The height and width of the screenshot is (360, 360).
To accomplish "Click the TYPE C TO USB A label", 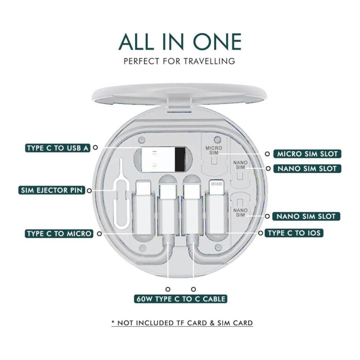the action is pos(58,148).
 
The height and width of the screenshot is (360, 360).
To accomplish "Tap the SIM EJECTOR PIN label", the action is pos(52,190).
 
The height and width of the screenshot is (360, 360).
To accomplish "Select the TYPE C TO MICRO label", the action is pos(59,234).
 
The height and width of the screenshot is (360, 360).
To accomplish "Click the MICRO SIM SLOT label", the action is pos(307,154).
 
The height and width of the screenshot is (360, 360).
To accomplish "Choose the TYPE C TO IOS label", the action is pos(294,233).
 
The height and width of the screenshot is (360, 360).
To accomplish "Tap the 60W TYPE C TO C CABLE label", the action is pos(181,299).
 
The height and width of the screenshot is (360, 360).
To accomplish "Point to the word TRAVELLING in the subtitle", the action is pos(209,61).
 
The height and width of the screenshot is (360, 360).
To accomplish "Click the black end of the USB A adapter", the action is pos(180,159).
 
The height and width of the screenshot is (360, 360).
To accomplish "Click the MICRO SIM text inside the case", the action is pos(214,150).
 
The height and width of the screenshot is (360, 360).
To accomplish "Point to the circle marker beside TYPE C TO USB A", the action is pos(95,148).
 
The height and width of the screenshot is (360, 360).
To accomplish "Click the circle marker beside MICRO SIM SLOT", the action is pos(267,154).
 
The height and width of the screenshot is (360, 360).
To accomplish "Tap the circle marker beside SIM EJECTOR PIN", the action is pos(89,190).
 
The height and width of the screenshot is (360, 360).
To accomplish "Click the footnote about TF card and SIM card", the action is pos(182,323).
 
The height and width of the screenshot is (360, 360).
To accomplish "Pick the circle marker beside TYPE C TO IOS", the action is pos(261,233).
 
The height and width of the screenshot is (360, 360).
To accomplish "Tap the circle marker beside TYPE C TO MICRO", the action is pos(99,234).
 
